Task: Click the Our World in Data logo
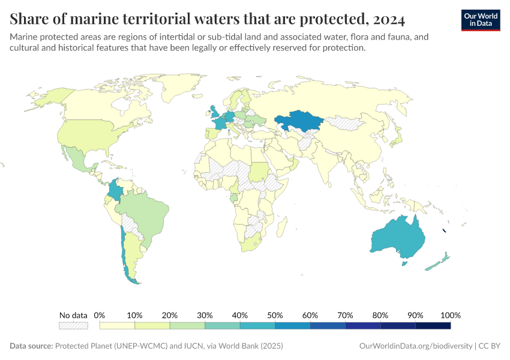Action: pos(480,20)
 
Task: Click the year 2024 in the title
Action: pos(389,20)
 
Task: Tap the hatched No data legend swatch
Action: pos(73,325)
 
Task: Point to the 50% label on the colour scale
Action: pos(275,315)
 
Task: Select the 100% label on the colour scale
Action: pos(450,315)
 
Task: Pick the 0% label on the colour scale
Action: pos(100,315)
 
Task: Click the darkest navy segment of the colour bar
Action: pos(433,325)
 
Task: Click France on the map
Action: pos(220,122)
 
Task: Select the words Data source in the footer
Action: pos(31,346)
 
